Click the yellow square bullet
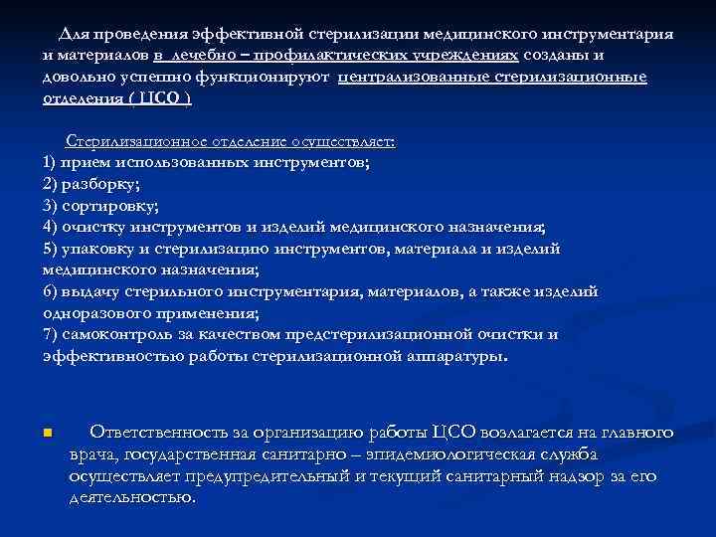click(x=48, y=434)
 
